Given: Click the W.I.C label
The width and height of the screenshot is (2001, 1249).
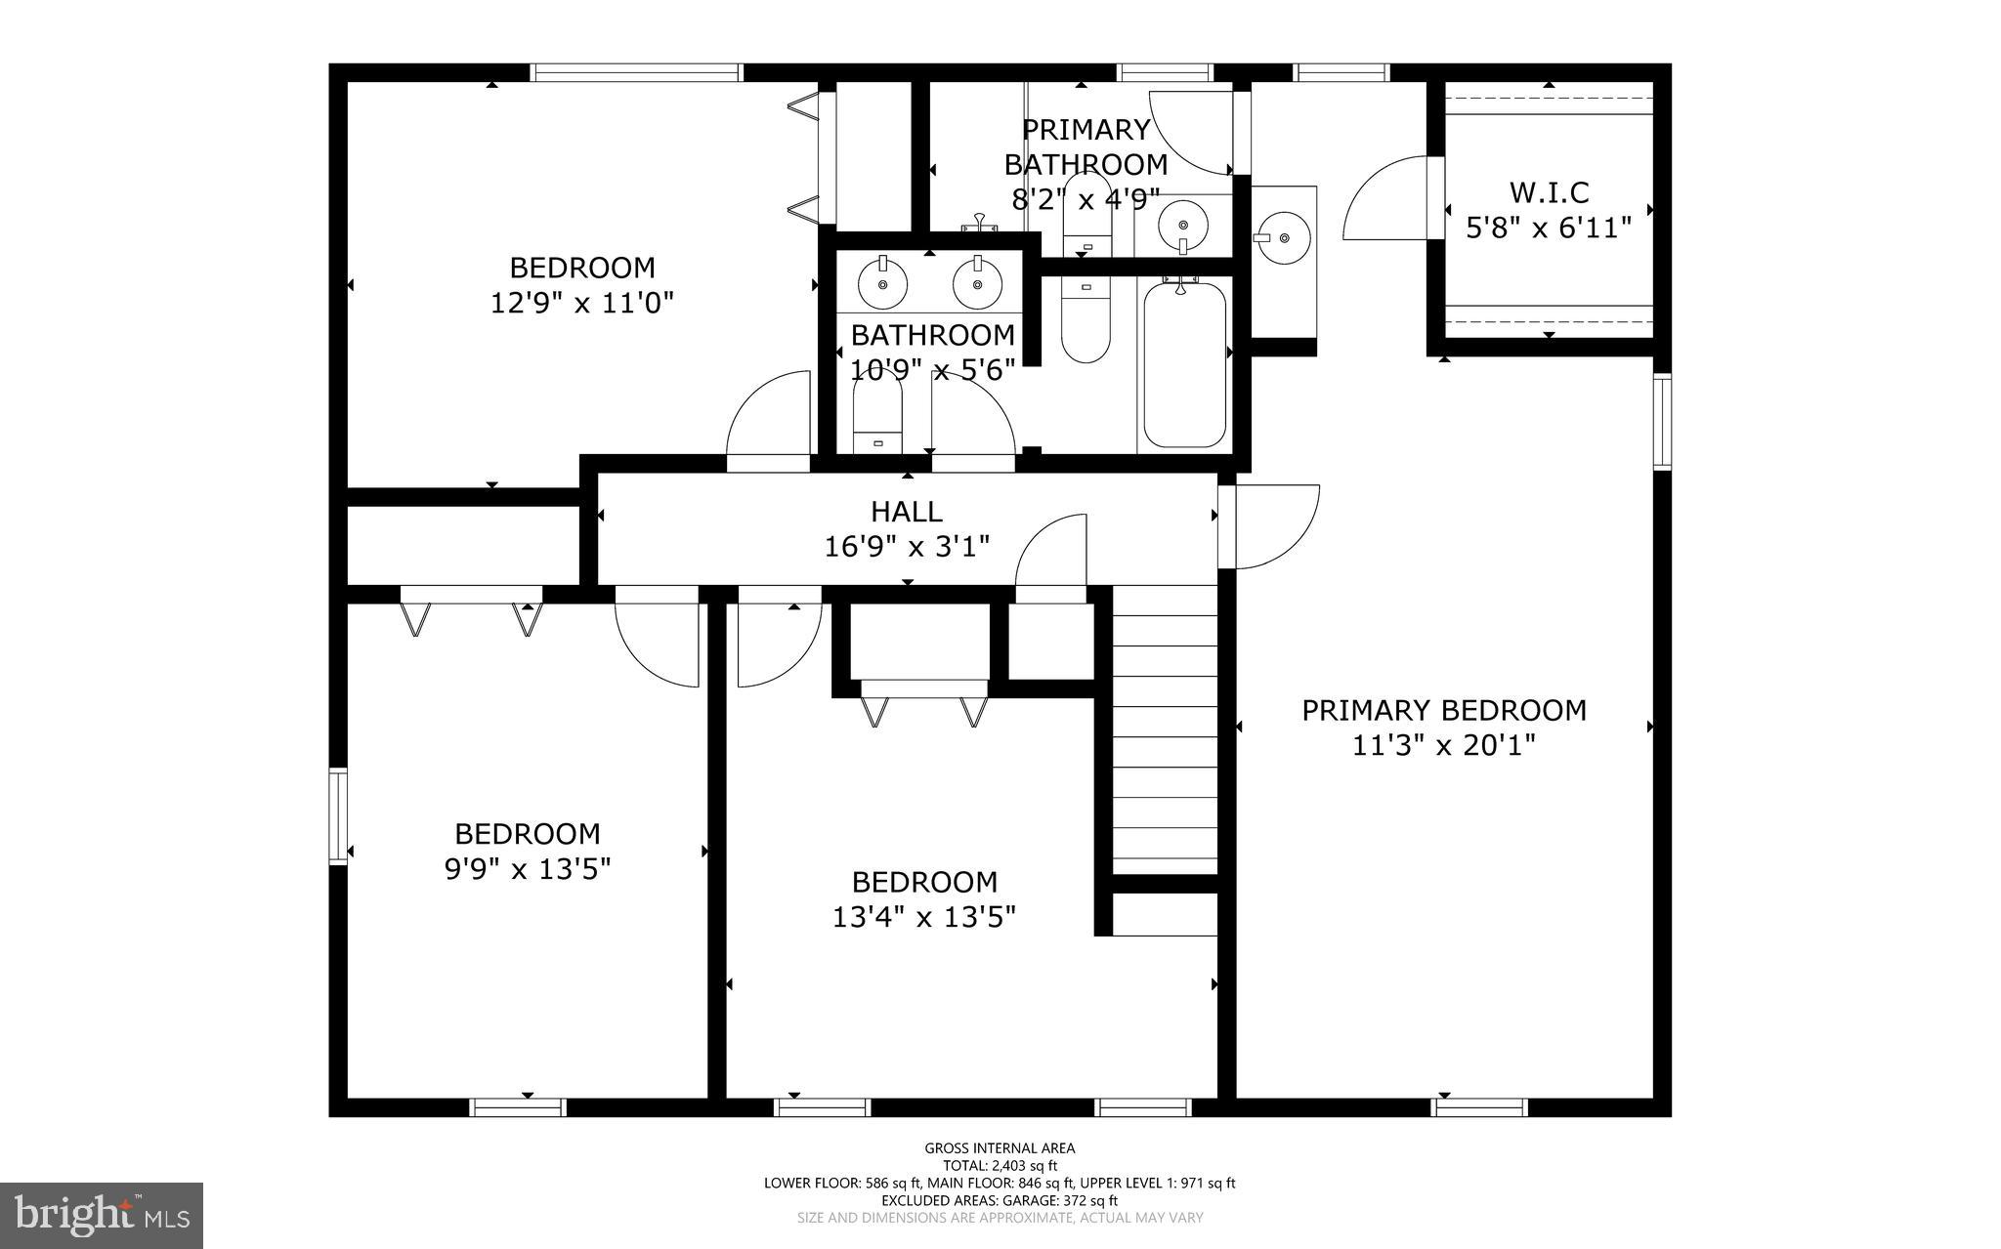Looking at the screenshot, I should point(1549,192).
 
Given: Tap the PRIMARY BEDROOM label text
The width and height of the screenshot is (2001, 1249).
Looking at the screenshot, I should point(1443,710).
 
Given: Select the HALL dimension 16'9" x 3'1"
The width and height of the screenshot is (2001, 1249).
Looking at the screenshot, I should point(907,546).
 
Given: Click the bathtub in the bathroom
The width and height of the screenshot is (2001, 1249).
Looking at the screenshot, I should point(1183,363).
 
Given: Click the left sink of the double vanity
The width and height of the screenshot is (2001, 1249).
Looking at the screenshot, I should point(882,284).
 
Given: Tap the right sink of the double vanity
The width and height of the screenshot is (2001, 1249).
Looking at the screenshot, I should point(974,284).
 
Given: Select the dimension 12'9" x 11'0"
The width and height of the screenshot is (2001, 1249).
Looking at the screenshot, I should point(581,303).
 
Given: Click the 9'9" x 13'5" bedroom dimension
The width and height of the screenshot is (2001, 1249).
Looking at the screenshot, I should point(528,868).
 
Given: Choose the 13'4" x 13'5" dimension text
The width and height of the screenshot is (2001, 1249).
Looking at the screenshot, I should point(923,917).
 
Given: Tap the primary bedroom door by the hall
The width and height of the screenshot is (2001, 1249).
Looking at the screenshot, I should point(1270,527).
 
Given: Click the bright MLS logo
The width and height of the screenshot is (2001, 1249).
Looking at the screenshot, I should point(102,1215).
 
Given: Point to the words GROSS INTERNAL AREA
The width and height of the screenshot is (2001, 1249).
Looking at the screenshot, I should point(1000,1148).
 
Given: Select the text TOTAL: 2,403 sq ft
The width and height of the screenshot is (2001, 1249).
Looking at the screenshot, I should point(1000,1165).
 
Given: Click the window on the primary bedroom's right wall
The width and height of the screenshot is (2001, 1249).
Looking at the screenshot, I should point(1661,422).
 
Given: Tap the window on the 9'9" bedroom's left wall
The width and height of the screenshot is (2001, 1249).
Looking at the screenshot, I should point(338,816).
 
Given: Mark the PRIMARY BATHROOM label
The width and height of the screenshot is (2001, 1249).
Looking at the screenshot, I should point(1086,146).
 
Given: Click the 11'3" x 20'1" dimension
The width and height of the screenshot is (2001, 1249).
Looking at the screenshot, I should point(1443,746).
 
